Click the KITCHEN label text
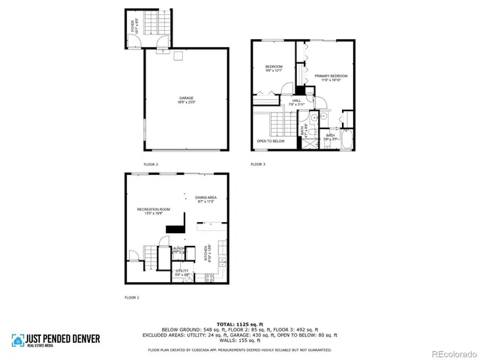[206, 253]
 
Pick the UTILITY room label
[181, 271]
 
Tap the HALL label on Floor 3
[296, 100]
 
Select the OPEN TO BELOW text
[271, 141]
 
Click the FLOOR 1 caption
[131, 298]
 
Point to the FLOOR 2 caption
[151, 163]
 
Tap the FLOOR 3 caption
[258, 163]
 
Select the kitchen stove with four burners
[209, 277]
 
